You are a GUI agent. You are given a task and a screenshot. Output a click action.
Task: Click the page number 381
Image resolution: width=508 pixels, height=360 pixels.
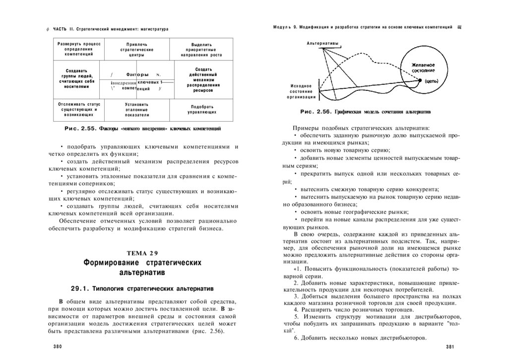(450, 347)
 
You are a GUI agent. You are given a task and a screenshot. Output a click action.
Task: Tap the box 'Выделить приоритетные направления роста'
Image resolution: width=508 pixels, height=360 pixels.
(201, 50)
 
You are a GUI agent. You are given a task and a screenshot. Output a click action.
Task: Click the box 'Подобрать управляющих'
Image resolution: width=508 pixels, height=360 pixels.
(201, 109)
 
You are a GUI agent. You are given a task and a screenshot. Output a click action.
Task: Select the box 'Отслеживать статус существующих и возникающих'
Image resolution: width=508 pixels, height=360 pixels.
(79, 109)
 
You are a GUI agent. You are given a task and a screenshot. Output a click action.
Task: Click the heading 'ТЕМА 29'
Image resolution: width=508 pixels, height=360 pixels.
(143, 253)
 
